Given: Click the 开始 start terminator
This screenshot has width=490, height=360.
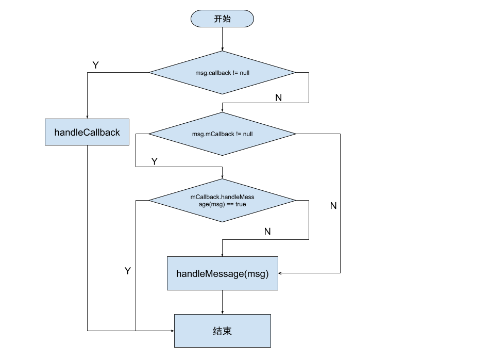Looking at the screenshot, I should pos(222,19).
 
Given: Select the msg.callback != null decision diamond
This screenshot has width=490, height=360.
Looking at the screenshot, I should pos(222,73).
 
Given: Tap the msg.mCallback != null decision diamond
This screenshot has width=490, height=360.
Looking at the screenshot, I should pos(222,134).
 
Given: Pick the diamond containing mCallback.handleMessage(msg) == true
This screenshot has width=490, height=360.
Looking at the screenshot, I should pos(222,200).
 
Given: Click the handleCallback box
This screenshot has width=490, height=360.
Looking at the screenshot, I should pos(87,132).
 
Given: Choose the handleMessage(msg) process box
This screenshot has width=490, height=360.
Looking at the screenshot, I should pos(222,273).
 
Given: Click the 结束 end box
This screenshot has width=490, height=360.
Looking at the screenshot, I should pos(222,331).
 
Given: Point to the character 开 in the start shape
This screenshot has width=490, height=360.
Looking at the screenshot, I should pos(218,19).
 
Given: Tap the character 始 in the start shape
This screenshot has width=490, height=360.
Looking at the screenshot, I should pos(227,19).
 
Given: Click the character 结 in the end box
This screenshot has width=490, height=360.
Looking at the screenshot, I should pos(217,331).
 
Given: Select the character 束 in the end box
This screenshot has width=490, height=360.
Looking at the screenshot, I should pos(227,331).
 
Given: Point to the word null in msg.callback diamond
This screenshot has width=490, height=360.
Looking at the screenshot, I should pos(244,73).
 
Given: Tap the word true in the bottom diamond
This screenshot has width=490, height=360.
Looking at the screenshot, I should pos(240,204).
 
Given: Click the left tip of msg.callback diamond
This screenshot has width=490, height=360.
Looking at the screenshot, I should pos(150,73).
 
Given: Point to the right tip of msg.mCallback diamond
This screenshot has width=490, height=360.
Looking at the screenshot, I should pos(294,134).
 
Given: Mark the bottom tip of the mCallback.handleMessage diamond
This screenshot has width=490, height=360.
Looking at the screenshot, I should pos(222,221).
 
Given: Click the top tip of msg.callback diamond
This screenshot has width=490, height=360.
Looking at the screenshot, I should pos(222,52).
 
